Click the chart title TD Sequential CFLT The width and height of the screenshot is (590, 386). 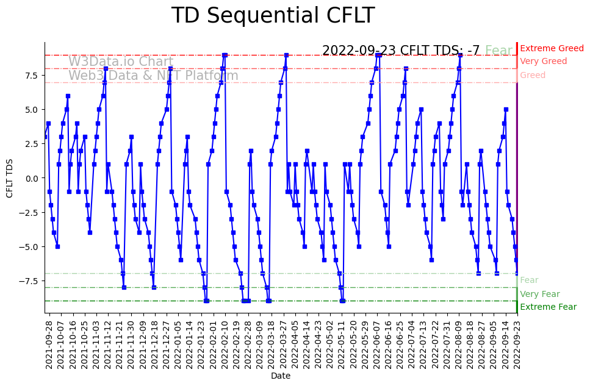pos(273,15)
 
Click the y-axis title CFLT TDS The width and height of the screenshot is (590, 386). pos(10,178)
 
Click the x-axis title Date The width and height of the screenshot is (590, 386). pos(281,376)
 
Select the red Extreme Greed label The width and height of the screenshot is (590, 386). pos(552,48)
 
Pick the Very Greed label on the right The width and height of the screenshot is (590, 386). pos(543,62)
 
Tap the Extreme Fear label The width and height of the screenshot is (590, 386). pos(548,307)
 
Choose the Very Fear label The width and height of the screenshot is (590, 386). pos(539,295)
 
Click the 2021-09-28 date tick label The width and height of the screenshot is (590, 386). pos(49,344)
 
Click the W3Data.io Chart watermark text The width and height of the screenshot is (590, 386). pos(121,62)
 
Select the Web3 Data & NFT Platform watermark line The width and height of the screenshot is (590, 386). pos(153,76)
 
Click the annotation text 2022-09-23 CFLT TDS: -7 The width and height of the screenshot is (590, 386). pos(401,51)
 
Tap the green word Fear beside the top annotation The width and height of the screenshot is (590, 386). pos(498,51)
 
